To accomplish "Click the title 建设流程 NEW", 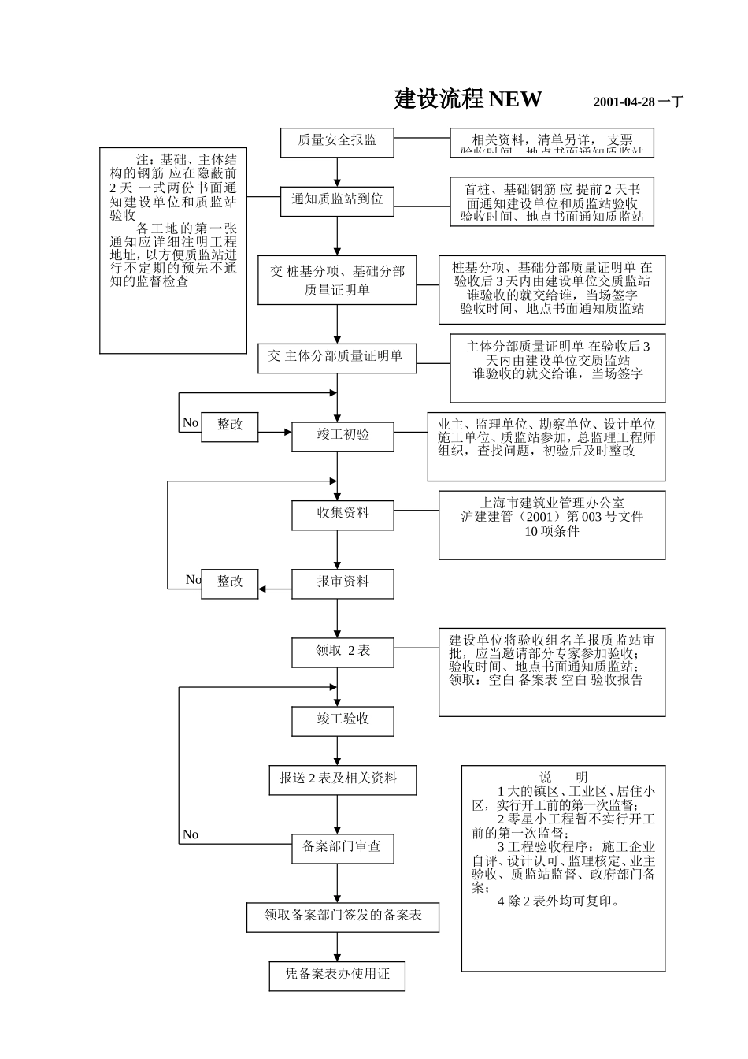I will click(x=468, y=99).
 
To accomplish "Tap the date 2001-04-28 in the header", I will click(x=624, y=102).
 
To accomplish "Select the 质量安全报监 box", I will click(x=337, y=141).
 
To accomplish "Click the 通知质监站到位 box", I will click(x=337, y=200).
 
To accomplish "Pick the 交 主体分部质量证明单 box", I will click(x=337, y=357).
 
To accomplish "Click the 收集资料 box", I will click(x=343, y=514).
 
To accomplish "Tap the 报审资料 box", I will click(x=343, y=583).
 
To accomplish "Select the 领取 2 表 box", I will click(x=343, y=652).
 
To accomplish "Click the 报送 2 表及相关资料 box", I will click(x=343, y=779).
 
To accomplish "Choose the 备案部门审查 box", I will click(x=343, y=848).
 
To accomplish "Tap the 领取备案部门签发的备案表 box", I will click(x=343, y=916).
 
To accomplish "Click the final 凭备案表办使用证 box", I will click(x=338, y=975).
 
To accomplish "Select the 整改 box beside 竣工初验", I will click(x=230, y=425).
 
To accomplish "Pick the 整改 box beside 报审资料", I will click(x=230, y=583).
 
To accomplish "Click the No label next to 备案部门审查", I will click(x=191, y=835).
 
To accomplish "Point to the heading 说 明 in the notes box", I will click(x=563, y=778).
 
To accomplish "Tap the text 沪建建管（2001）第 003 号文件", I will click(x=552, y=518).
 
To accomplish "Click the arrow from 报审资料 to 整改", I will click(x=275, y=589).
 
